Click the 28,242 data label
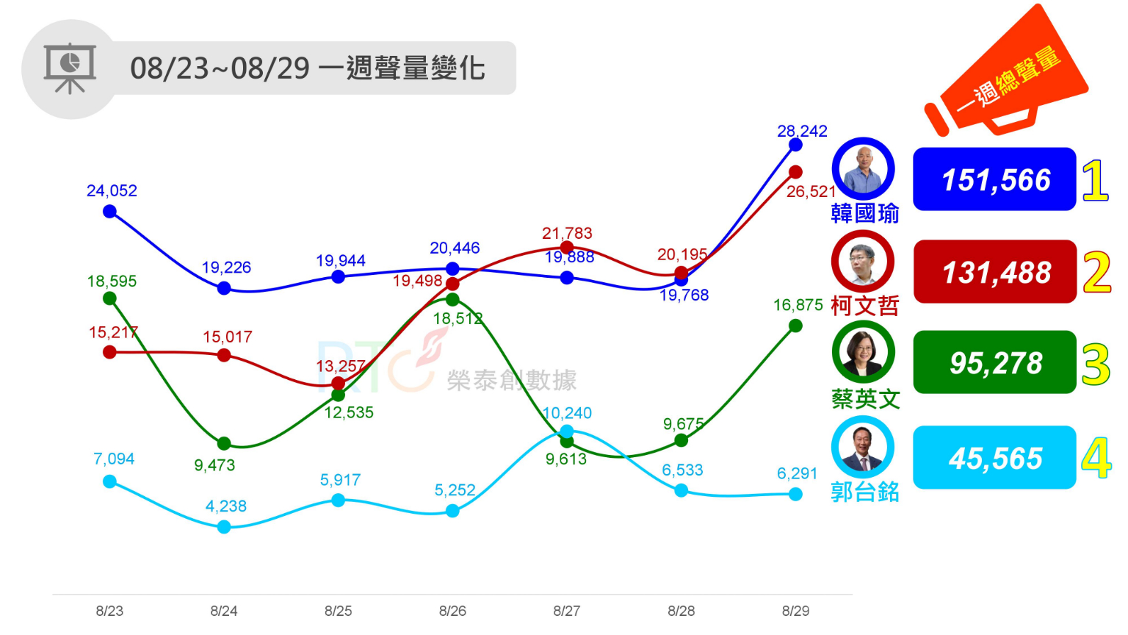click(x=802, y=132)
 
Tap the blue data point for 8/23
click(x=110, y=212)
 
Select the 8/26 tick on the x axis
click(x=452, y=611)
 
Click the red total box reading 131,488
click(x=994, y=272)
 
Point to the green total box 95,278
click(x=994, y=362)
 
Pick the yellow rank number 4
click(x=1096, y=458)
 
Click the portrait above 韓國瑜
click(x=863, y=169)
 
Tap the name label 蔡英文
click(x=865, y=399)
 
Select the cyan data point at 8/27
click(x=567, y=431)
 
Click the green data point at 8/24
click(x=224, y=444)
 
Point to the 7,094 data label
click(x=114, y=459)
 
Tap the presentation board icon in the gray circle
click(x=70, y=69)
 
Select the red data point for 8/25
click(x=339, y=383)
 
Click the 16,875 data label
click(x=798, y=305)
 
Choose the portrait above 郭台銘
click(x=863, y=447)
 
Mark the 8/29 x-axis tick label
click(x=795, y=611)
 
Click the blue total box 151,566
click(x=994, y=179)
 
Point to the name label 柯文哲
click(x=865, y=306)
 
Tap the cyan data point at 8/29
click(x=795, y=495)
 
